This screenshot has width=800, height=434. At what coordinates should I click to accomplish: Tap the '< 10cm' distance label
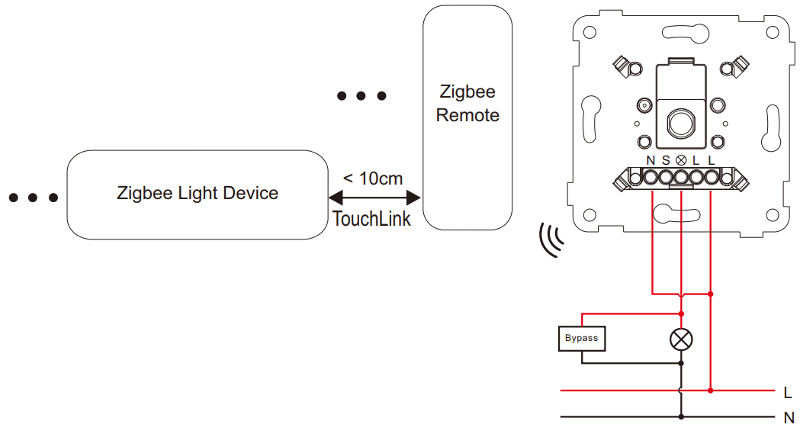(x=373, y=178)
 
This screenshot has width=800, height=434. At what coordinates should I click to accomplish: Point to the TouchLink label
(x=371, y=219)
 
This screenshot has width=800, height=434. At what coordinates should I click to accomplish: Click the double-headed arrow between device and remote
(x=374, y=198)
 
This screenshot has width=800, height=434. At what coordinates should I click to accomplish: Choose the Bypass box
(x=582, y=339)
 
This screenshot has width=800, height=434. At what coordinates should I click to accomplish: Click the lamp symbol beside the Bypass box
(x=681, y=339)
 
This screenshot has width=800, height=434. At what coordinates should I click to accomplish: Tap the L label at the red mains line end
(x=788, y=392)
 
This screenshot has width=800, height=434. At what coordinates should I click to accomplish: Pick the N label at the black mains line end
(x=789, y=418)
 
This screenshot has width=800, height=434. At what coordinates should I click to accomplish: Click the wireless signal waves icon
(x=550, y=240)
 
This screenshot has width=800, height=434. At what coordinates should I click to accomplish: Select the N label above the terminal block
(x=651, y=160)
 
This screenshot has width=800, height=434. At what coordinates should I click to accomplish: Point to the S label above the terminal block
(x=666, y=160)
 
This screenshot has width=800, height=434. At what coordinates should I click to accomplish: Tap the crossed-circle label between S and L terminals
(x=681, y=160)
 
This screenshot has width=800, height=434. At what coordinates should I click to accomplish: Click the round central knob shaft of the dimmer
(x=680, y=122)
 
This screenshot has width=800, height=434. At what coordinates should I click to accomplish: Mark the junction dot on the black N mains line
(x=681, y=416)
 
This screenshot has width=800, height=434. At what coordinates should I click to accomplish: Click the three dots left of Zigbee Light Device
(x=33, y=198)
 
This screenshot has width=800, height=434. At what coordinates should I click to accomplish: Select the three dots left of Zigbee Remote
(x=361, y=95)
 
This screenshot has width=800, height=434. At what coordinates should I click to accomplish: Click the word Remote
(x=467, y=115)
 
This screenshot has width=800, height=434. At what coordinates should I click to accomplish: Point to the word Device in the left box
(x=250, y=193)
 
